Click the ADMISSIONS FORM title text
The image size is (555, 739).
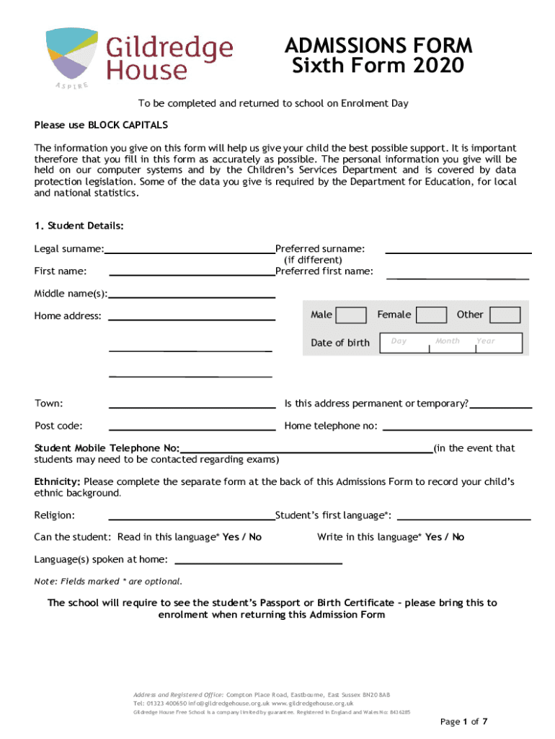click(x=378, y=46)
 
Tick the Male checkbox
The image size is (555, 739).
click(x=351, y=315)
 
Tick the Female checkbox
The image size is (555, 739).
click(x=431, y=315)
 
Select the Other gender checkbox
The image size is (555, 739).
click(x=505, y=315)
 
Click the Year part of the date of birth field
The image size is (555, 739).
click(x=497, y=342)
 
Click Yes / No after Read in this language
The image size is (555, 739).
click(x=242, y=537)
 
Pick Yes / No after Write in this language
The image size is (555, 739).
click(x=445, y=537)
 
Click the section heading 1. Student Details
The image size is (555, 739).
click(x=79, y=226)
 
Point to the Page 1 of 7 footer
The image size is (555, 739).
click(x=464, y=721)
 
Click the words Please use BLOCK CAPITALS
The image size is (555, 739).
click(x=101, y=125)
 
